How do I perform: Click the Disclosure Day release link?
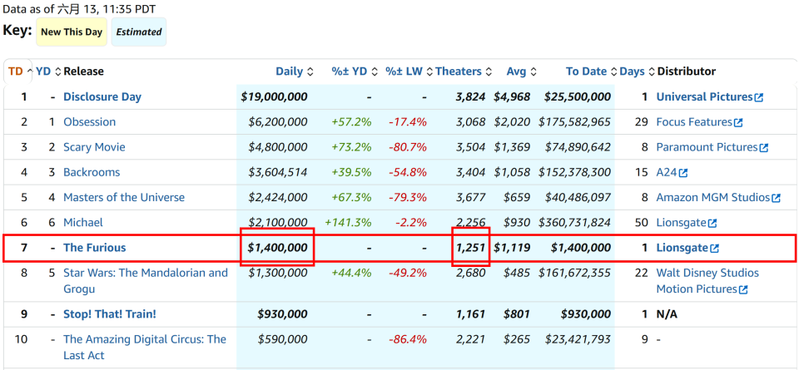coord(102,96)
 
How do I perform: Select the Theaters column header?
coord(459,72)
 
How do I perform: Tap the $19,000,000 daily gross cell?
coord(274,96)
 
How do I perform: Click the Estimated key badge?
coord(139,32)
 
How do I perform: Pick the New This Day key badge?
coord(72,32)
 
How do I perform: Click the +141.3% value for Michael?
coord(348,222)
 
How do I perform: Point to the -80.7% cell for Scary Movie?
coord(408,147)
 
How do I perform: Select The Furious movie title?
coord(94,248)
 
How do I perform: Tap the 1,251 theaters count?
coord(471,248)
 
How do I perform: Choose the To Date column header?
coord(586,72)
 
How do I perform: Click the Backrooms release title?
coord(92,172)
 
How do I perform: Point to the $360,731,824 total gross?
coord(574,222)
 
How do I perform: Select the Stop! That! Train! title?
coord(110,314)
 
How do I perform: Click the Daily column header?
coord(290,72)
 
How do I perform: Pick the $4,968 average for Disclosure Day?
coord(512,96)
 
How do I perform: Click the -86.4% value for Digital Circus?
coord(408,339)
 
